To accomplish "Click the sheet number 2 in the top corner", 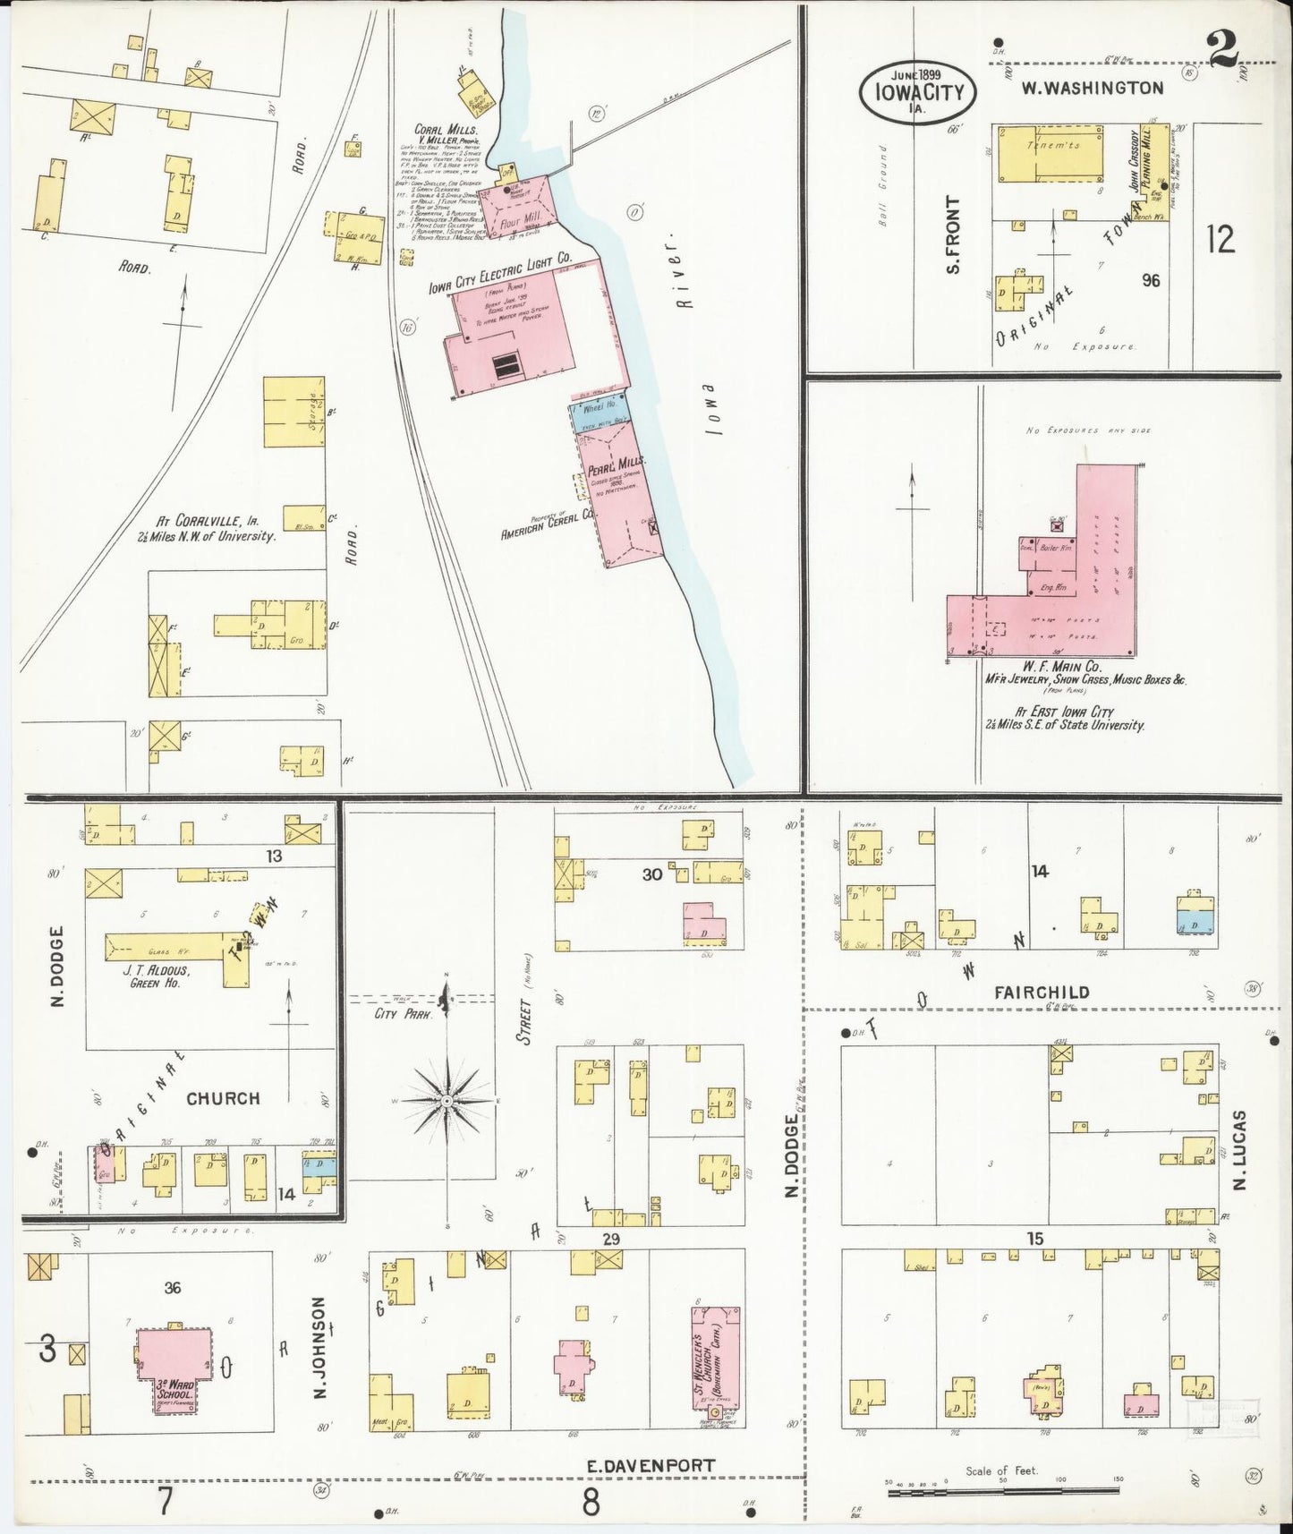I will pyautogui.click(x=1224, y=49).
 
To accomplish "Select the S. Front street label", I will pyautogui.click(x=954, y=234).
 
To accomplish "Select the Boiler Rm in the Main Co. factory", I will pyautogui.click(x=1049, y=548).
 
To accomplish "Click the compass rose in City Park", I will pyautogui.click(x=447, y=1098).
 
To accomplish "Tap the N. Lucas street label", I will pyautogui.click(x=1239, y=1150).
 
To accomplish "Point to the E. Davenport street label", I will pyautogui.click(x=651, y=1465).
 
